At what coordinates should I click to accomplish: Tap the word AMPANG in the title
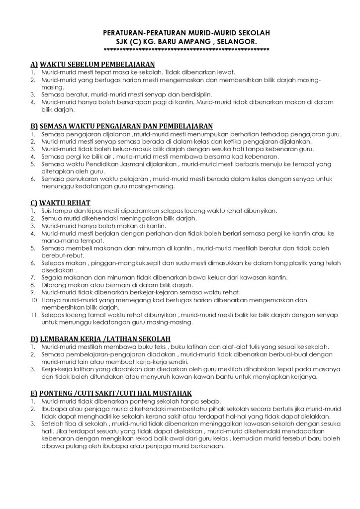(195, 41)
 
